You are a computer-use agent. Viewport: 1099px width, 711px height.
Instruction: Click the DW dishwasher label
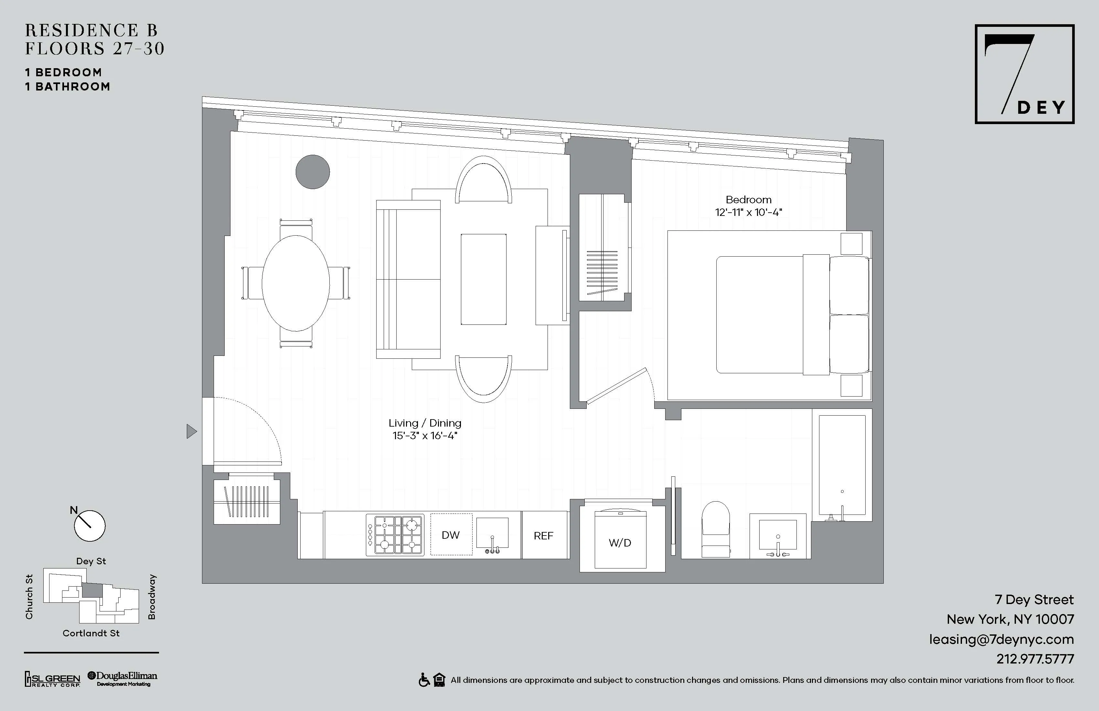coord(451,535)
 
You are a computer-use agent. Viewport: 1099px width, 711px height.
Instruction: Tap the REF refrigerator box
coord(543,536)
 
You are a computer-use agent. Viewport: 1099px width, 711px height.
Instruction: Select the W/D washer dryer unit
coord(620,543)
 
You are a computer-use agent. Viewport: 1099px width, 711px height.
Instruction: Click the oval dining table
coord(295,283)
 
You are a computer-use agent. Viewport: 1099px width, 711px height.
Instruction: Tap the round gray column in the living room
coord(313,172)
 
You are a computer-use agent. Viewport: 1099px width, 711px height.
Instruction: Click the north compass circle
coord(90,526)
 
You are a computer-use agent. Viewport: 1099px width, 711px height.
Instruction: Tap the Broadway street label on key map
coord(152,597)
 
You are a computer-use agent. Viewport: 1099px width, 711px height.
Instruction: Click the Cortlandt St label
coord(91,633)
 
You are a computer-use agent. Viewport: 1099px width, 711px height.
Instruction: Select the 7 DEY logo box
coord(1024,74)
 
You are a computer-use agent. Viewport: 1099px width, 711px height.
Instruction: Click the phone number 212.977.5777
coord(1035,659)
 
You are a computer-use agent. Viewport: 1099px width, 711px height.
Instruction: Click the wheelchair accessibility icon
coord(424,680)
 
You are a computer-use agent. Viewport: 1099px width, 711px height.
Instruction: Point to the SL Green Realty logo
coord(52,679)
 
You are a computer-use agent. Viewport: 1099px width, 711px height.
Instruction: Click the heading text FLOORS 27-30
coord(95,48)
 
